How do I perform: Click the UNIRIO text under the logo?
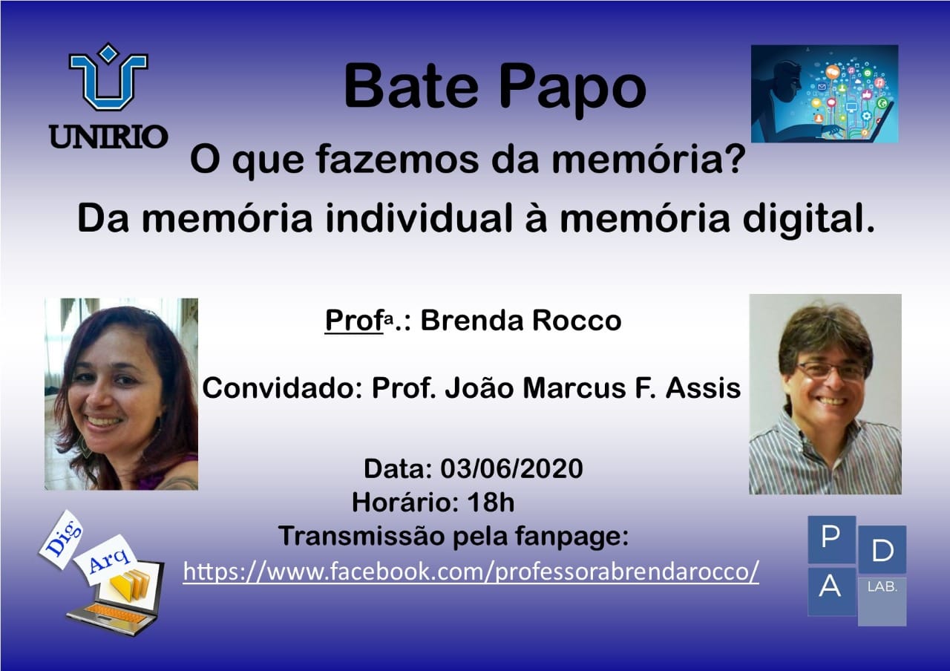[108, 137]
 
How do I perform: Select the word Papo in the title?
[572, 91]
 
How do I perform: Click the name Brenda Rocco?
[521, 320]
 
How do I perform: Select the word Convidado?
[283, 387]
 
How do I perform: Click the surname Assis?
[703, 387]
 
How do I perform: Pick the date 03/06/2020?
[511, 468]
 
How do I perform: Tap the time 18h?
[491, 503]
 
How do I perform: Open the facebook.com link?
[471, 571]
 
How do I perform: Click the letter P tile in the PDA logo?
[831, 540]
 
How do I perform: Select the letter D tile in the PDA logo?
[882, 550]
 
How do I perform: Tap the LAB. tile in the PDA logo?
[882, 601]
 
